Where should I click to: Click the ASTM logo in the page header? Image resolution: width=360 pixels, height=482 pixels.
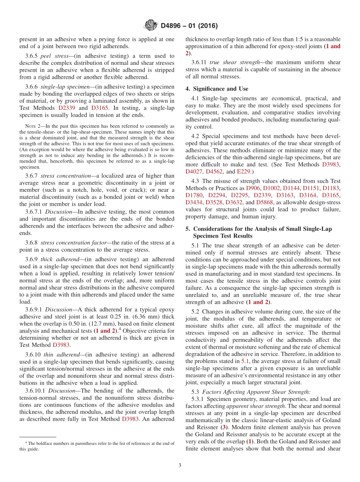pyautogui.click(x=150, y=26)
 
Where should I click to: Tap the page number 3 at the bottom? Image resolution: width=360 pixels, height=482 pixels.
pyautogui.click(x=180, y=465)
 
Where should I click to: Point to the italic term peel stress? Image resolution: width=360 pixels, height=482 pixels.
pyautogui.click(x=53, y=56)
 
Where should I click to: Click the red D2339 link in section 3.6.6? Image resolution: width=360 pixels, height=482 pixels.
pyautogui.click(x=67, y=108)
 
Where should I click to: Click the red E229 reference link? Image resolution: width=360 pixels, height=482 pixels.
pyautogui.click(x=243, y=172)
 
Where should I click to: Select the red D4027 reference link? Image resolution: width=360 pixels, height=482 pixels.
pyautogui.click(x=194, y=172)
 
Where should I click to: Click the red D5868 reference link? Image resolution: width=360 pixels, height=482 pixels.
pyautogui.click(x=264, y=202)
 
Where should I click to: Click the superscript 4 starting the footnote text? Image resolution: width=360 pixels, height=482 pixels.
pyautogui.click(x=26, y=443)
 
